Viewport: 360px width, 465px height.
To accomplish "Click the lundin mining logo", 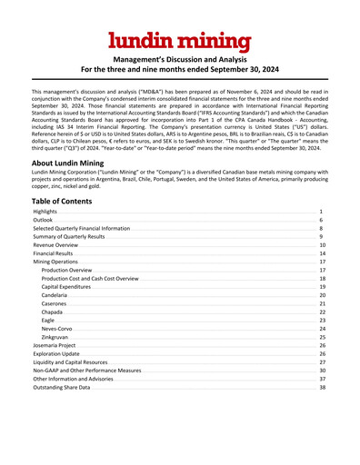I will tap(179, 40).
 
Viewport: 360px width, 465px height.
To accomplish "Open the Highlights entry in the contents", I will tap(47, 211).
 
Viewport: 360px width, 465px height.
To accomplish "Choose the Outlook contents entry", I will tap(44, 220).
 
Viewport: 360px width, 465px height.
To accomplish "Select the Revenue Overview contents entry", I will tap(56, 245).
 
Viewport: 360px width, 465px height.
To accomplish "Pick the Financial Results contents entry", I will tap(53, 253).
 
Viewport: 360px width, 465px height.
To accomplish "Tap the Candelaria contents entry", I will tap(56, 295).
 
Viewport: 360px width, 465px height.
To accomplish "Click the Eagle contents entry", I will tap(48, 321).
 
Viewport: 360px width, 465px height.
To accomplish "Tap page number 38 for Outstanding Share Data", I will tap(322, 388).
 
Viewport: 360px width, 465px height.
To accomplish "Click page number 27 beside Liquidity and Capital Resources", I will tap(322, 362).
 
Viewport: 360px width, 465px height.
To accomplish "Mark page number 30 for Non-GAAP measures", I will tap(322, 371).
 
